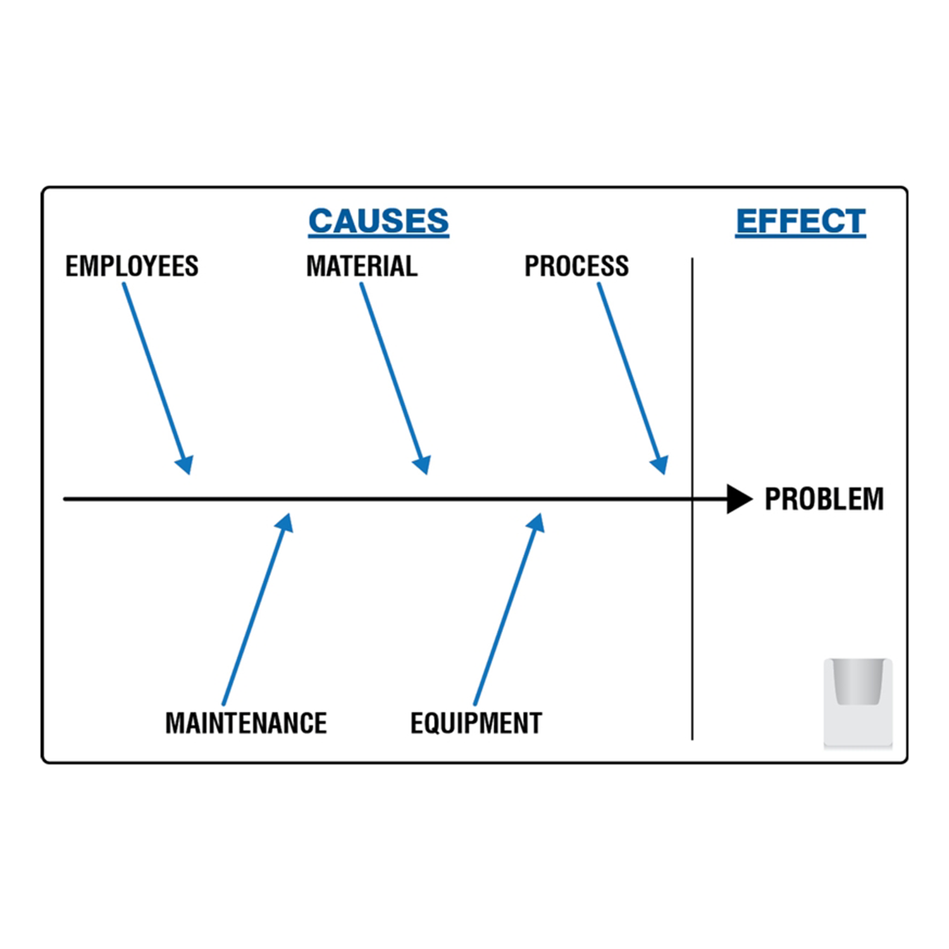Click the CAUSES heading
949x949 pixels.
click(378, 221)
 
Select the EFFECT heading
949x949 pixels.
click(800, 221)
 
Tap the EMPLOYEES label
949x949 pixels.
click(132, 266)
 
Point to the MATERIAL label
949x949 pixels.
click(362, 266)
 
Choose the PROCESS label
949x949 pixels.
click(576, 266)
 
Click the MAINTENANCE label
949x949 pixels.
click(246, 723)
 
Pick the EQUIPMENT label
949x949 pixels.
click(476, 723)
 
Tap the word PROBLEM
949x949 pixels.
click(824, 499)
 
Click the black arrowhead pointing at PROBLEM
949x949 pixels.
click(738, 499)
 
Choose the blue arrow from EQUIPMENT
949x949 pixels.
click(507, 614)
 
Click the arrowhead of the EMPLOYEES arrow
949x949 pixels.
click(185, 464)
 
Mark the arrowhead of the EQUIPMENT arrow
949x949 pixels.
click(537, 523)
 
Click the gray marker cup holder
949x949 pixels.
click(858, 702)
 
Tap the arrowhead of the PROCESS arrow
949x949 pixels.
click(660, 464)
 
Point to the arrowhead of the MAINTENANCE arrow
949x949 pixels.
click(285, 523)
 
